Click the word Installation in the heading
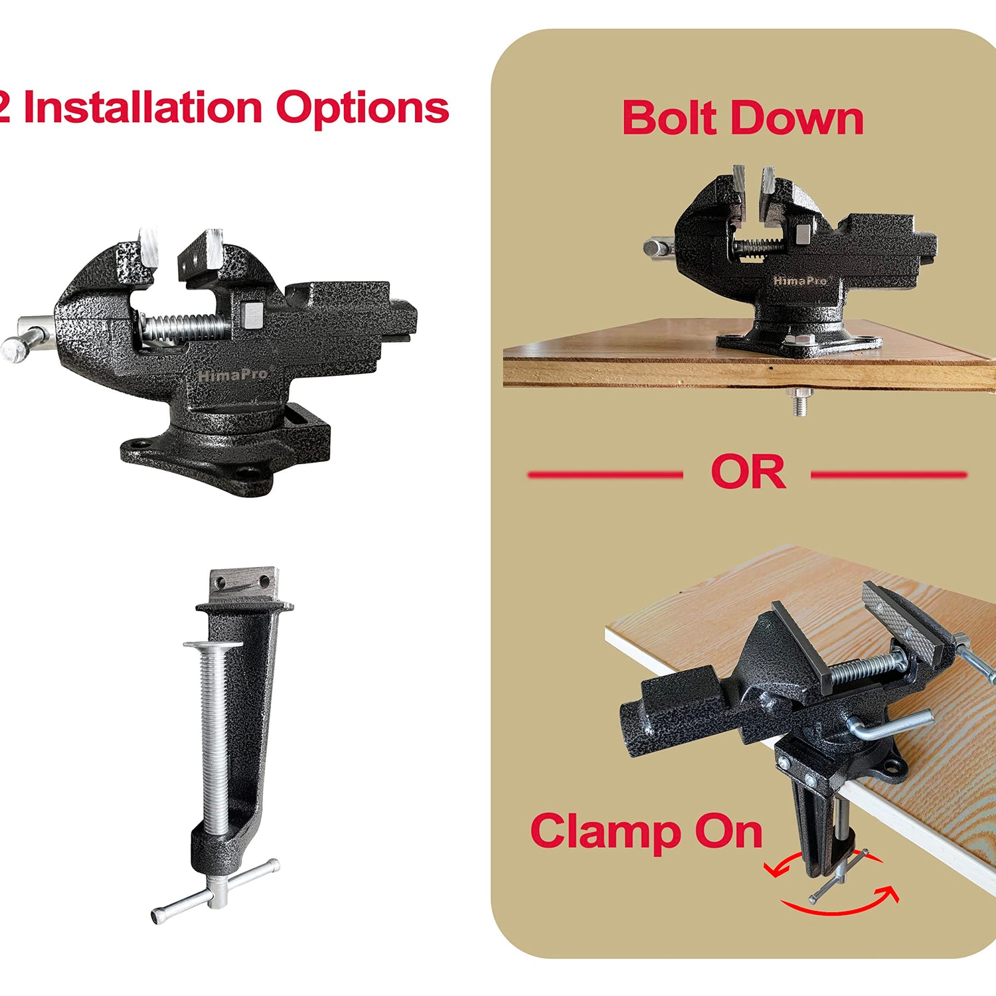coord(143,108)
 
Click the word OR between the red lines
coord(748,473)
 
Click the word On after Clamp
coord(728,832)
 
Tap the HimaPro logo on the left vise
coord(233,375)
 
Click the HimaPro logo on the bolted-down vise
coord(800,281)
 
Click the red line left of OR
coord(605,475)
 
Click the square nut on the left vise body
coord(253,315)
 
